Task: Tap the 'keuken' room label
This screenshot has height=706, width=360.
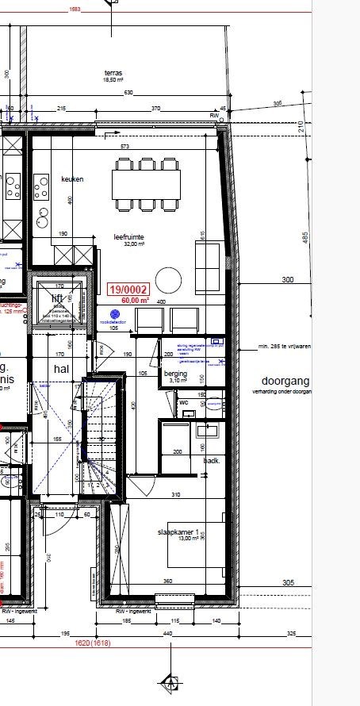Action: click(x=72, y=179)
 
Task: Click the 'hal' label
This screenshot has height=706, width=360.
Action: click(x=62, y=370)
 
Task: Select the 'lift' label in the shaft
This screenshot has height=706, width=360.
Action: click(x=57, y=297)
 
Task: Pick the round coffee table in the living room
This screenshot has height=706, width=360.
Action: click(x=168, y=280)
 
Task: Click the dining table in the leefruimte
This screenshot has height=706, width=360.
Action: click(x=146, y=185)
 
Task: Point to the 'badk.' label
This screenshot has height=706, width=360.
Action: click(x=212, y=460)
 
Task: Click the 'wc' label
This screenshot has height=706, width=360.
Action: click(x=183, y=401)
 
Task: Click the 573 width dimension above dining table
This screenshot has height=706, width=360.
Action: click(x=124, y=147)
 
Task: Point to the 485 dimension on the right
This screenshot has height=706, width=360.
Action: click(x=304, y=236)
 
